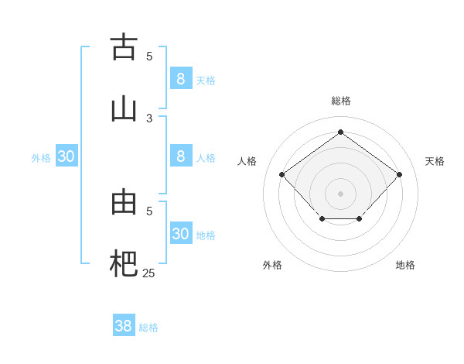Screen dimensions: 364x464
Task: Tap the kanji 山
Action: click(x=124, y=108)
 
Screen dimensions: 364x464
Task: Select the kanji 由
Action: click(x=124, y=201)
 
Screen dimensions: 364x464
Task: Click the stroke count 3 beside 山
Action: click(x=149, y=118)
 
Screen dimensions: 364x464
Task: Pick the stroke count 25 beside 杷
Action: click(x=148, y=273)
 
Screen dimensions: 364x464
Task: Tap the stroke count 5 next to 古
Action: click(x=149, y=56)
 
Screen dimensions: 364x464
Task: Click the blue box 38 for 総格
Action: click(x=124, y=326)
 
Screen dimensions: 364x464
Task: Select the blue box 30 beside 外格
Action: click(x=67, y=156)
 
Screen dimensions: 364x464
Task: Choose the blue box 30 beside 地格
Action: click(x=181, y=234)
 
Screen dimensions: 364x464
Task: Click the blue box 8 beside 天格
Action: click(x=181, y=78)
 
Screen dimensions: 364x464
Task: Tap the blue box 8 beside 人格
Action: click(x=181, y=156)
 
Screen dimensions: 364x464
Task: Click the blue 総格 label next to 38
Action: click(x=148, y=328)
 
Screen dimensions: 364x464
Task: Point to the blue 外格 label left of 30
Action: click(x=41, y=158)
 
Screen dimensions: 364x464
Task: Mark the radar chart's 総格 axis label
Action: click(x=340, y=101)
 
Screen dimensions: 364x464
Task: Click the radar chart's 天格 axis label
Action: click(x=435, y=161)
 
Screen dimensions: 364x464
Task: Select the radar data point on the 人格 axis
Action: click(x=282, y=175)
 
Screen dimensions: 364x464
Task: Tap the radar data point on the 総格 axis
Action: click(x=340, y=132)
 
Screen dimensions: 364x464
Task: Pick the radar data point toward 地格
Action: click(x=360, y=220)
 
